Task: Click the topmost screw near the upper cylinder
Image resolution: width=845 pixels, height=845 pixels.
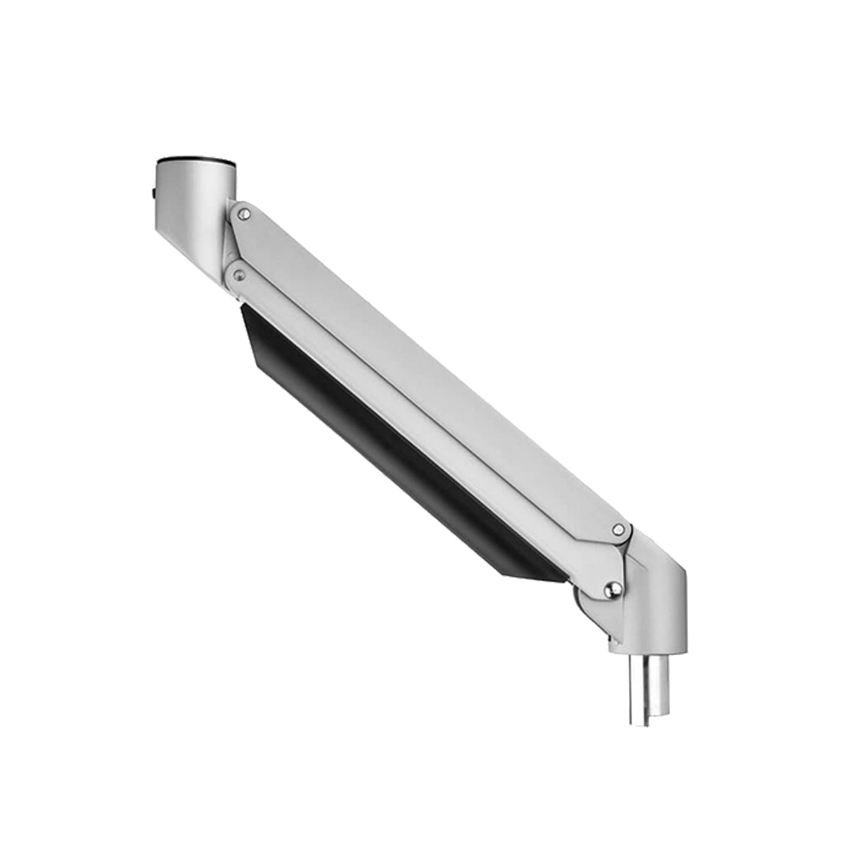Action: [243, 215]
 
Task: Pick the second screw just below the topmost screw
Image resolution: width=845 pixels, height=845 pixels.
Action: [239, 275]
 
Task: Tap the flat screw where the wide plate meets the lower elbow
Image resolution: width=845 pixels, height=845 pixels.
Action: [619, 530]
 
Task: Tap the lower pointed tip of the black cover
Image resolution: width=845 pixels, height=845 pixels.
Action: [507, 575]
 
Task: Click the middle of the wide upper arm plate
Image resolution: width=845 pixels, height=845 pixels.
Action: [431, 372]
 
